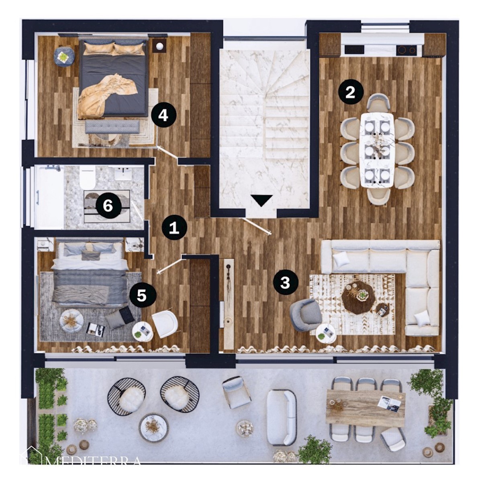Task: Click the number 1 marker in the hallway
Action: tap(174, 227)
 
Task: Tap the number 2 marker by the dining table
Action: tap(350, 92)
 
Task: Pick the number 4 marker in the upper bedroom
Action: tap(163, 116)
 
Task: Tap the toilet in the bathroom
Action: tap(88, 178)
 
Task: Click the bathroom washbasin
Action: tap(123, 173)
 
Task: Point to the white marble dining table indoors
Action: tap(377, 150)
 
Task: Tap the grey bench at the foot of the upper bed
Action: tap(112, 127)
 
